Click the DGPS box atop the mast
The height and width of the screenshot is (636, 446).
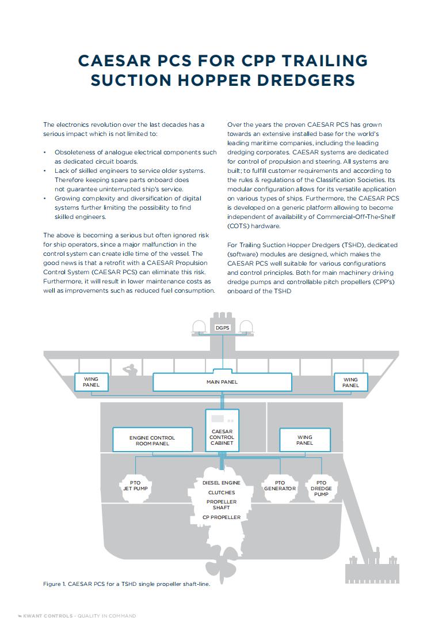click(222, 327)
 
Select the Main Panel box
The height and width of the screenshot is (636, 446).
click(222, 382)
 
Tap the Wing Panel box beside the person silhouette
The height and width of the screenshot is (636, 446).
click(91, 383)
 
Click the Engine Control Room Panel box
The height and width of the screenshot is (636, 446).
click(152, 441)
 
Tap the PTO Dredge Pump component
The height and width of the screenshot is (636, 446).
click(321, 489)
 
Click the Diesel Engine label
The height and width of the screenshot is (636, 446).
click(222, 482)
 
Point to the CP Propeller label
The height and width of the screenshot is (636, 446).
click(222, 517)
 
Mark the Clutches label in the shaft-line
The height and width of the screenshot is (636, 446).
click(222, 493)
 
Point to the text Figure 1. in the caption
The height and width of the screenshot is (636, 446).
click(55, 584)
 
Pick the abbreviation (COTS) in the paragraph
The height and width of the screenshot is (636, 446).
click(239, 226)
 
